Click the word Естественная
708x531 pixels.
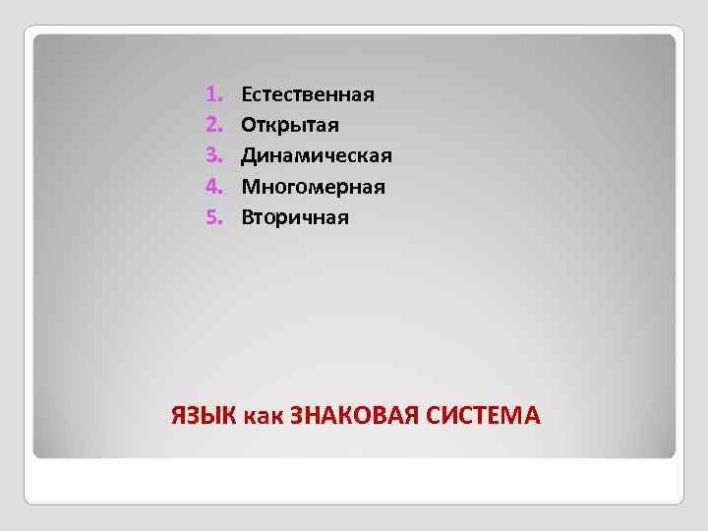pyautogui.click(x=308, y=95)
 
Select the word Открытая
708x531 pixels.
pyautogui.click(x=290, y=126)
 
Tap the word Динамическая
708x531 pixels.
pyautogui.click(x=317, y=156)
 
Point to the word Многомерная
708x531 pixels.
pyautogui.click(x=313, y=187)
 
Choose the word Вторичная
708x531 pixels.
pyautogui.click(x=295, y=217)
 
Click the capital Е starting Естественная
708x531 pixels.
pyautogui.click(x=247, y=95)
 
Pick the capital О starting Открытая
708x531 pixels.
pyautogui.click(x=249, y=126)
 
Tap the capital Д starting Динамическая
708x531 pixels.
pyautogui.click(x=249, y=156)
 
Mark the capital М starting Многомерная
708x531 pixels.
pyautogui.click(x=251, y=187)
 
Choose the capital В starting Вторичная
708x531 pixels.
pyautogui.click(x=247, y=217)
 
